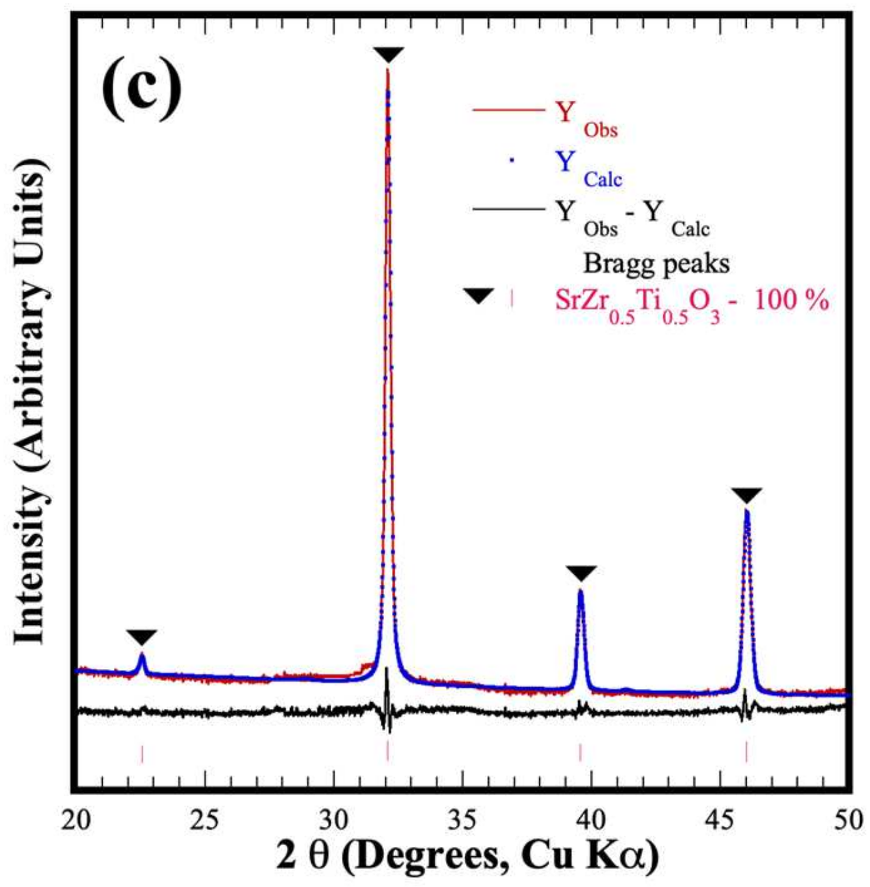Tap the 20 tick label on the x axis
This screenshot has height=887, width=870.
pos(76,820)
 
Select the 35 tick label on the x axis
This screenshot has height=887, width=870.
pos(462,820)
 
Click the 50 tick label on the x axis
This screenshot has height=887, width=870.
pos(847,820)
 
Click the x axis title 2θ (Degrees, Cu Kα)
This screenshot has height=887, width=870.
pos(467,857)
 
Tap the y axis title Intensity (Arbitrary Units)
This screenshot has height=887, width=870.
pos(31,407)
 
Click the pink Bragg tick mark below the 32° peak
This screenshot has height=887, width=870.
pos(387,752)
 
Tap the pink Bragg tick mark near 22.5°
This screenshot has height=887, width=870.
pos(142,754)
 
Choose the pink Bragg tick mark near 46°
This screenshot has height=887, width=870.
pos(746,752)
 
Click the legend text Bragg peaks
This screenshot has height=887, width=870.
pos(656,264)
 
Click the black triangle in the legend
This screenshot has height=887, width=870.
pos(479,295)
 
